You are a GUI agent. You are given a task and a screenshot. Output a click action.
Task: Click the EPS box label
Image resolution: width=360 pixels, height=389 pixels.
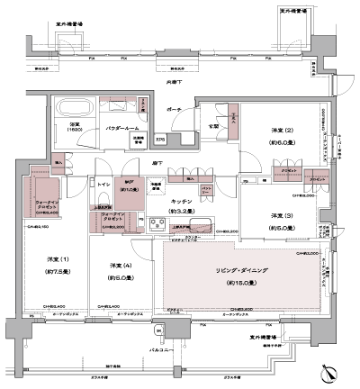point(159,140)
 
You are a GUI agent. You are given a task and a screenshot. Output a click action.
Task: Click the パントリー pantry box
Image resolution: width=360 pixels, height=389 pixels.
point(206,190)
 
